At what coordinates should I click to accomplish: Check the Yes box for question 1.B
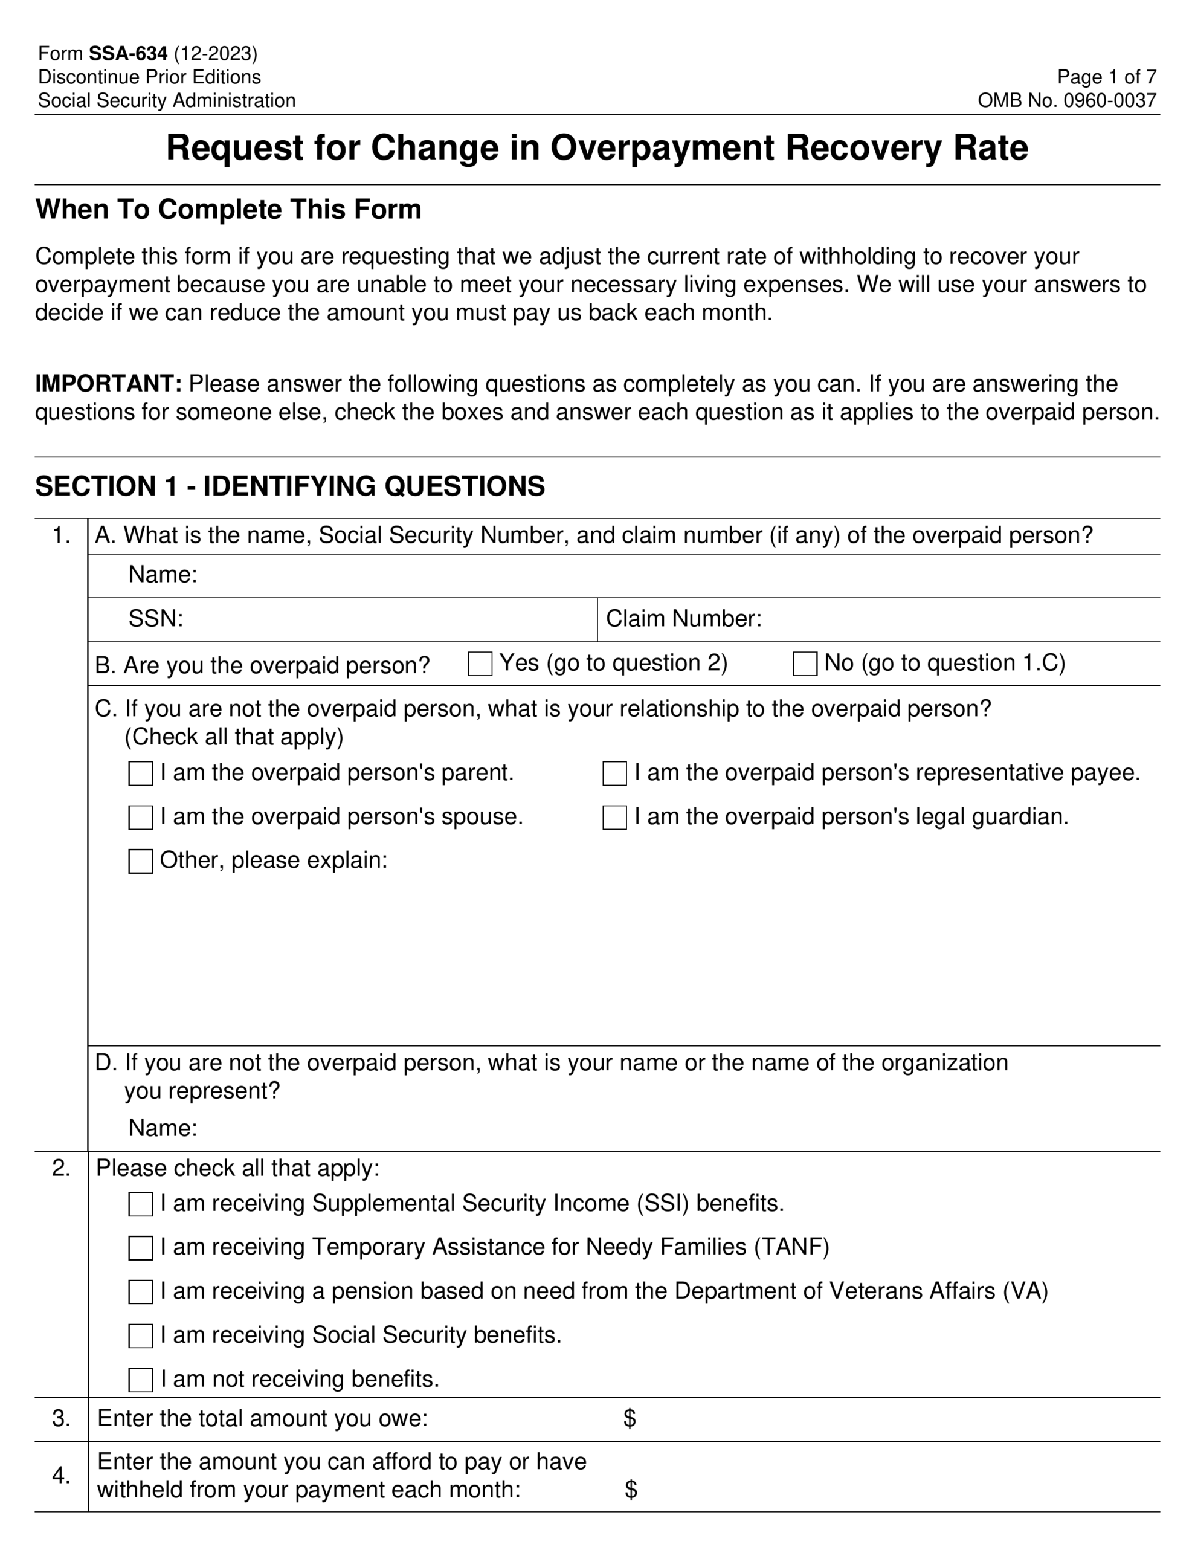(x=480, y=664)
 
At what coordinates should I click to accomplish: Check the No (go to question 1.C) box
(x=805, y=664)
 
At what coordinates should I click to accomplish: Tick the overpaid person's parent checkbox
(x=140, y=773)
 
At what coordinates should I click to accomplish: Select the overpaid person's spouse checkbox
(x=140, y=818)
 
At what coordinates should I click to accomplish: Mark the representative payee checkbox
(x=614, y=773)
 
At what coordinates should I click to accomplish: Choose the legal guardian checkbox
(x=614, y=818)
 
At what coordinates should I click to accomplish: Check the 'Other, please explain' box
(x=140, y=861)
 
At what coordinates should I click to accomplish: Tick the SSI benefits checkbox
(x=140, y=1204)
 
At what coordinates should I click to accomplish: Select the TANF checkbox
(x=140, y=1248)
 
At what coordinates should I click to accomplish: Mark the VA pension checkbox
(x=140, y=1292)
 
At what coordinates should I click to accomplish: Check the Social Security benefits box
(x=140, y=1336)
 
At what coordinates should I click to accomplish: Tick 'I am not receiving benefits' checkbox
(x=140, y=1380)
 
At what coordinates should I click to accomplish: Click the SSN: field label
(x=156, y=618)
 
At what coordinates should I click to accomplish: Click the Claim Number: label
(x=683, y=618)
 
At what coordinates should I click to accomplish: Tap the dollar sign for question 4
(x=631, y=1490)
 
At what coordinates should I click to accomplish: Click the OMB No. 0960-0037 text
(x=1067, y=100)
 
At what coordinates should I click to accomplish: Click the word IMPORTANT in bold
(x=108, y=383)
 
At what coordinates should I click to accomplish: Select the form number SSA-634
(x=128, y=54)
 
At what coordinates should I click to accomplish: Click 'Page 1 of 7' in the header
(x=1106, y=77)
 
